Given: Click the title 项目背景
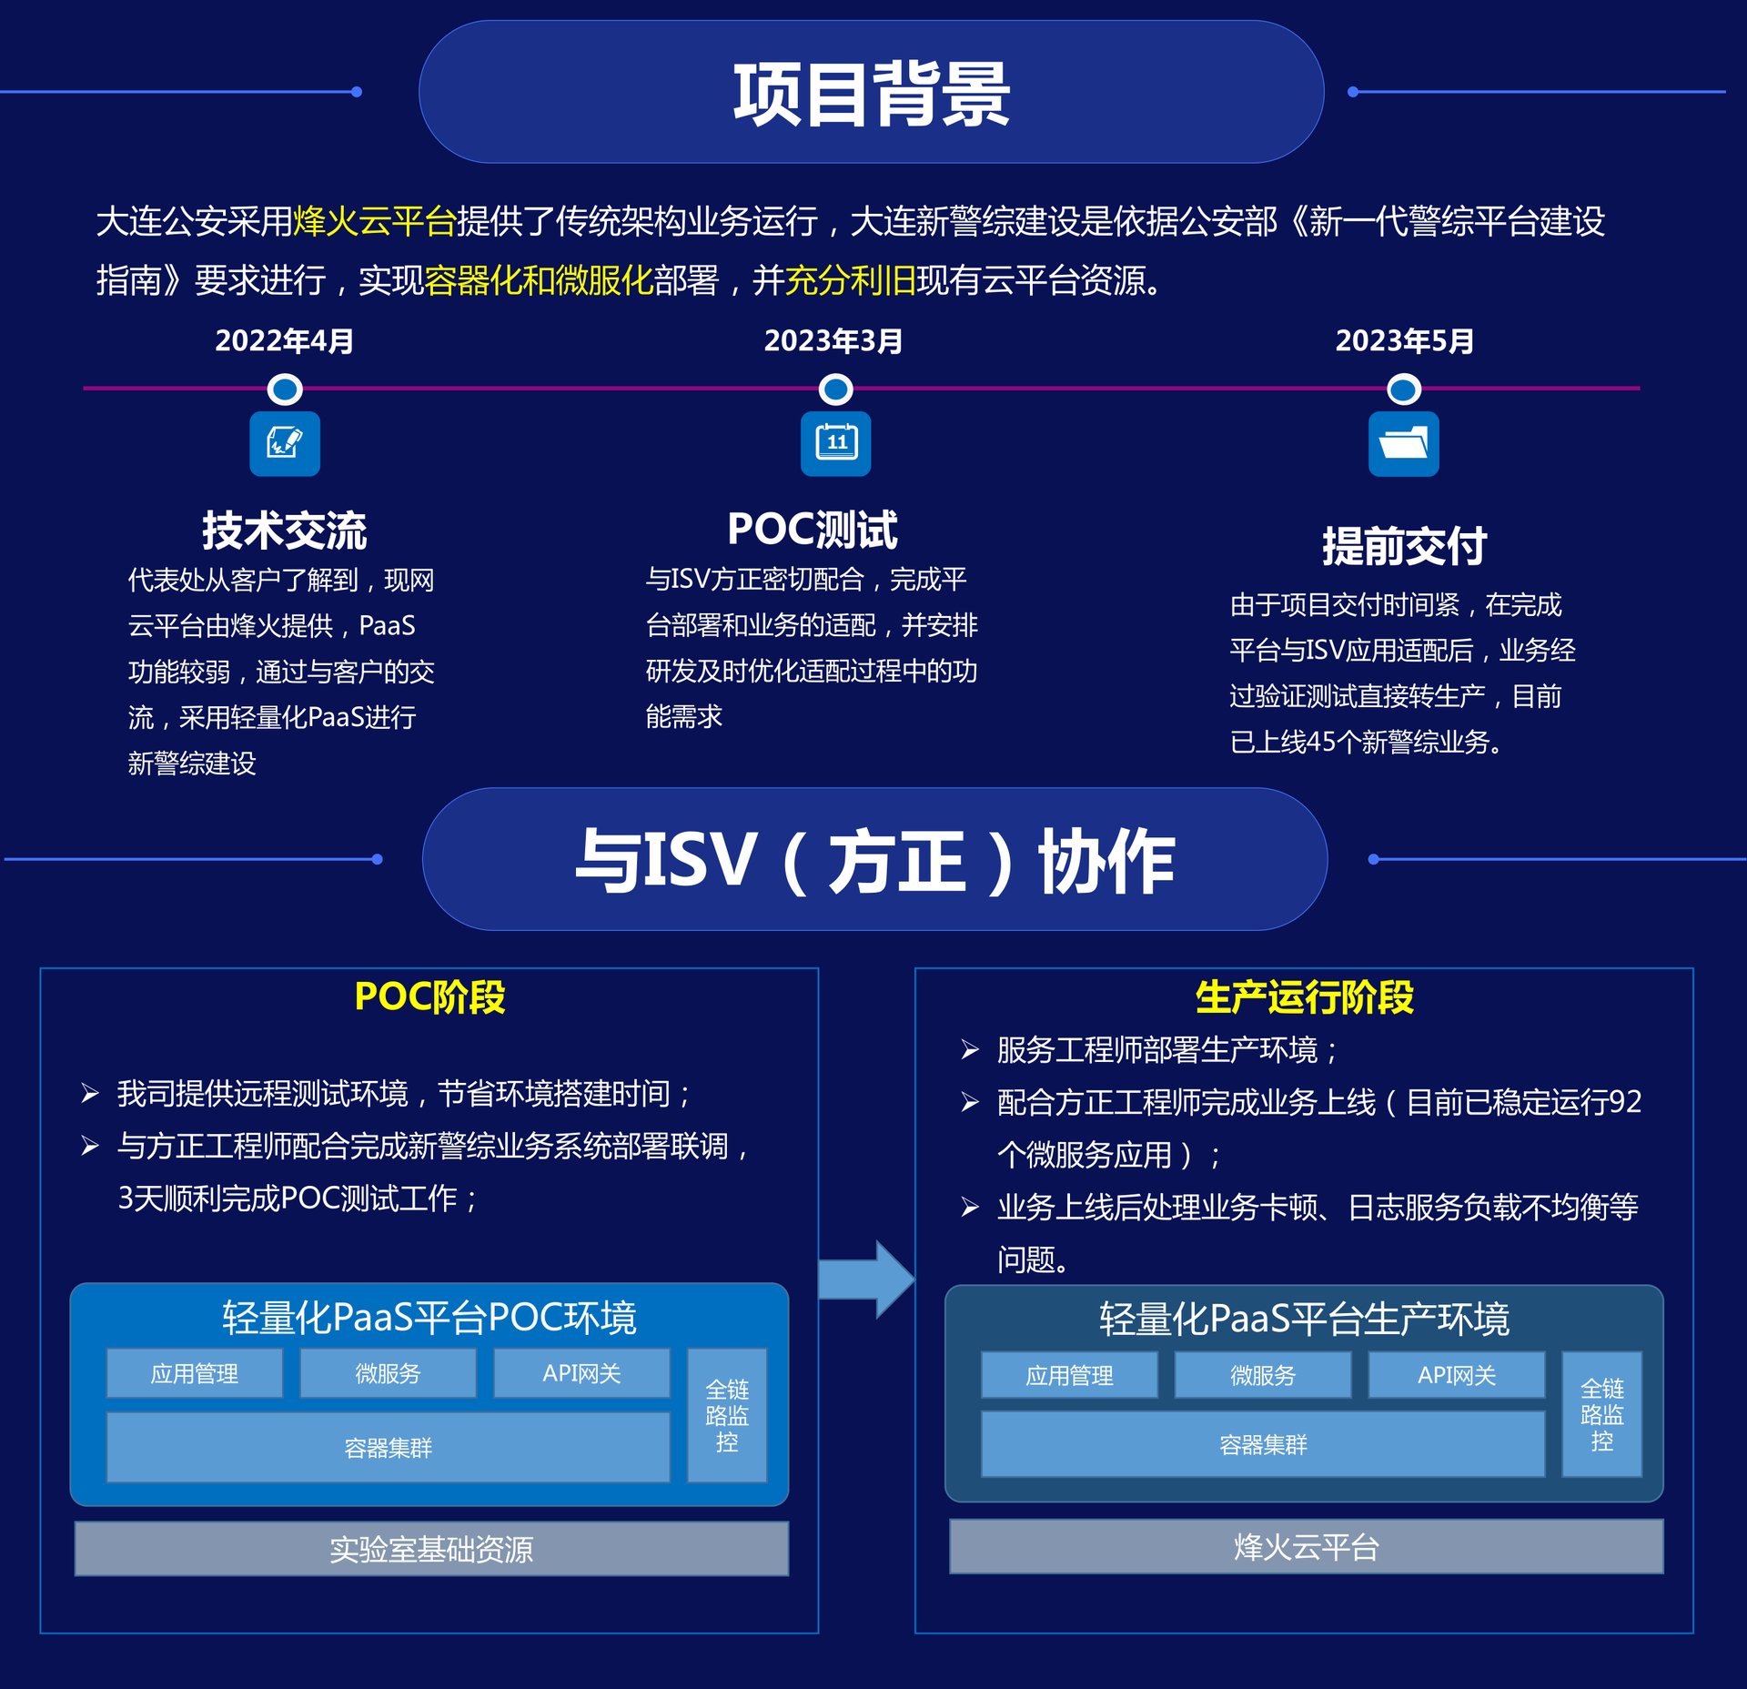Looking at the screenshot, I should [x=871, y=94].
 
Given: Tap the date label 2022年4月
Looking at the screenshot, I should [x=284, y=340].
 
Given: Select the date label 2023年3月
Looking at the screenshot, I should [x=833, y=340].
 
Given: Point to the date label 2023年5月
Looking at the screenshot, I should [x=1404, y=340].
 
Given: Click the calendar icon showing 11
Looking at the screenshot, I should [x=835, y=443].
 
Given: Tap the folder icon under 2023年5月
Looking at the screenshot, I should [x=1403, y=443].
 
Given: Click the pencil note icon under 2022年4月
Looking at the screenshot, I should [x=285, y=443].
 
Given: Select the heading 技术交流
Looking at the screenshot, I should [x=284, y=531].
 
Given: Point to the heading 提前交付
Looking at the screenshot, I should [x=1404, y=546].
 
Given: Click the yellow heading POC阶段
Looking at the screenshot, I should [x=429, y=996].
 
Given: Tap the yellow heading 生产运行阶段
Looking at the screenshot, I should [x=1304, y=997].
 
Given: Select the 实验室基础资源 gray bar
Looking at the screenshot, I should [x=431, y=1548].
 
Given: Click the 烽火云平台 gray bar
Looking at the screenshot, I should [x=1306, y=1546].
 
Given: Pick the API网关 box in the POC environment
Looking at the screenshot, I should [x=581, y=1373].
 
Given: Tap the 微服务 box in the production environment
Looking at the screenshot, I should [x=1262, y=1375].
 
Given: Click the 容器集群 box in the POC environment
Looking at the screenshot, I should [x=388, y=1447].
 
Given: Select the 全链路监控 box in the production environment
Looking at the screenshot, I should [x=1601, y=1414].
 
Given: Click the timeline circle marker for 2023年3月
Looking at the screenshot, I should [x=835, y=389].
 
